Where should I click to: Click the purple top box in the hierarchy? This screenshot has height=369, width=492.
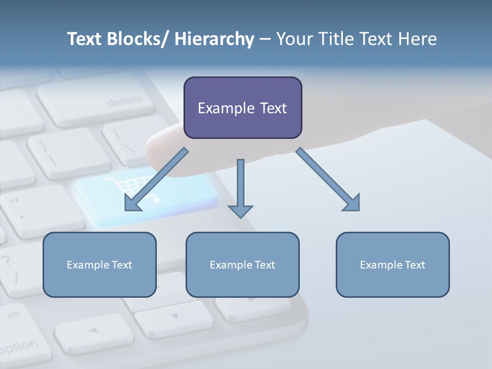point(242,108)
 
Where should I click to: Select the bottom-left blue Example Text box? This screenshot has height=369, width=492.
point(99,264)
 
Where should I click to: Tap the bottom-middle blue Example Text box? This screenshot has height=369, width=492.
point(242,264)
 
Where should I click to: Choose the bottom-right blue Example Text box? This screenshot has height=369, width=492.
point(393,264)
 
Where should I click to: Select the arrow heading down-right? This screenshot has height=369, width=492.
point(328,179)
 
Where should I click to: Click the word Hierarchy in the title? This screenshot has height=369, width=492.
point(214,39)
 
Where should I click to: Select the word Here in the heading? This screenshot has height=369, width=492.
point(417,39)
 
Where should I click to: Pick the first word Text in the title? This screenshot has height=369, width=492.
point(85,39)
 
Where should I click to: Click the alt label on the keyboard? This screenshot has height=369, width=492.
point(14,314)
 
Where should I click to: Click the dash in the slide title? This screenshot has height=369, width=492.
point(265,39)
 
